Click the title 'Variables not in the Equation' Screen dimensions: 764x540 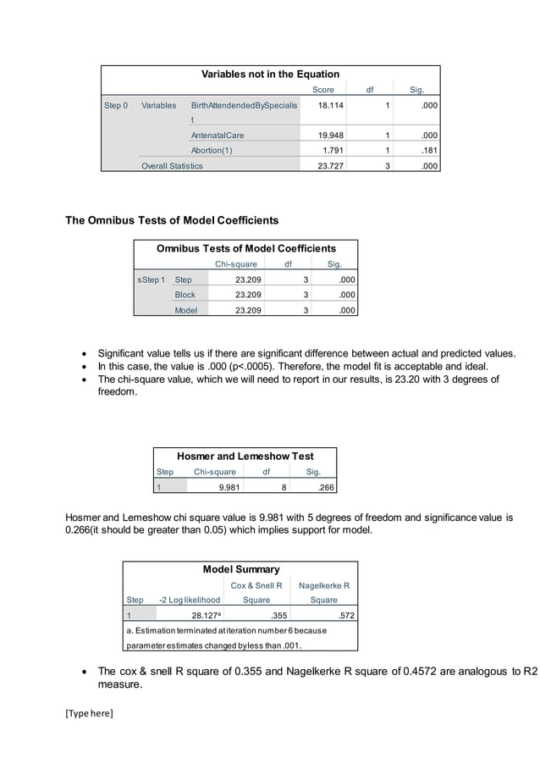point(270,74)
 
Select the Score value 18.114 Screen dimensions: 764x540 point(330,106)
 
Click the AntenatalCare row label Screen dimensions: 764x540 point(223,136)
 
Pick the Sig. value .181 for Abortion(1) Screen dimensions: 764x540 point(429,151)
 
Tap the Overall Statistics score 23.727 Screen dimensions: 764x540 point(330,166)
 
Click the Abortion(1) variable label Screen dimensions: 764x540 point(212,151)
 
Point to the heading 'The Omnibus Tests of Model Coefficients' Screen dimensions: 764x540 point(172,220)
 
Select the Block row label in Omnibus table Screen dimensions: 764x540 point(185,295)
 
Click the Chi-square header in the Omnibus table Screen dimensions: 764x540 point(236,264)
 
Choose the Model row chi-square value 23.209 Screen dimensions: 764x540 point(247,311)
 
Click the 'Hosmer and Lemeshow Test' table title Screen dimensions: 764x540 point(245,456)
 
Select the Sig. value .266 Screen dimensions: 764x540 point(324,488)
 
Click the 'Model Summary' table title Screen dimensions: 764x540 point(240,569)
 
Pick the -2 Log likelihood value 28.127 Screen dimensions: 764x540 point(207,616)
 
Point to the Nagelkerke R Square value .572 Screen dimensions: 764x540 point(343,616)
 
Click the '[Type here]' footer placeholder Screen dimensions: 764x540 point(89,712)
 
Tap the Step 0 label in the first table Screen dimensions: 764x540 point(116,106)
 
